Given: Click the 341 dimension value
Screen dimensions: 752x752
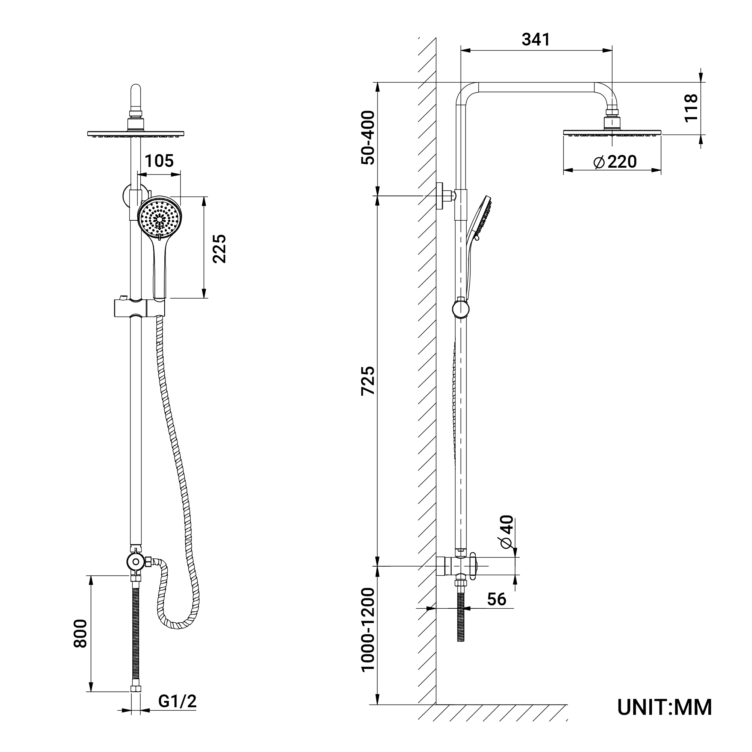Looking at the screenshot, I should (536, 40).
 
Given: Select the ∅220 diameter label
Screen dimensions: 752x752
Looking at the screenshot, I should (615, 162).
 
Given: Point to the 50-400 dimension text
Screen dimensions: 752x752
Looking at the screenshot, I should (368, 138).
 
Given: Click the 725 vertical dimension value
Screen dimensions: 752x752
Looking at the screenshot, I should (368, 381).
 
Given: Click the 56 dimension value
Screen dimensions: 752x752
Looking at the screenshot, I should (497, 599).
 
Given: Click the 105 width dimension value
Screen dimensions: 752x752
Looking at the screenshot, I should (159, 161).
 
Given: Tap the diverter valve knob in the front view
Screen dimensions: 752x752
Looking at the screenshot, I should (135, 562).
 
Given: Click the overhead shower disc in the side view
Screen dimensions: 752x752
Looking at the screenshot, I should (612, 133).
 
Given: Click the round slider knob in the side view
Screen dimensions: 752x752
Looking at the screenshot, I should (461, 309).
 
